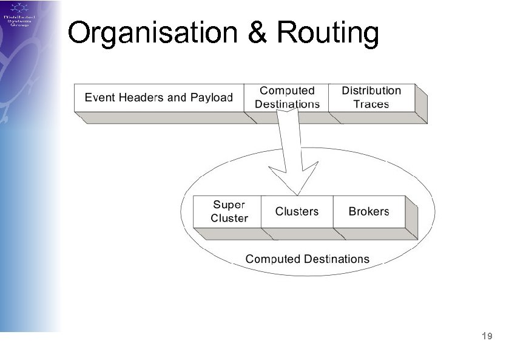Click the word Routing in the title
pos(327,33)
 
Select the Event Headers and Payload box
pos(158,98)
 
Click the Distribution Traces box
pos(371,98)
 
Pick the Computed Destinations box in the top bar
pos(287,98)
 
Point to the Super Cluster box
pos(229,211)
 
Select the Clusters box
pos(297,211)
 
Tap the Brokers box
pos(368,211)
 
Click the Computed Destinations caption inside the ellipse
pos(307,259)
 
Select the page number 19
pos(486,336)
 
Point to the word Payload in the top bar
pos(212,98)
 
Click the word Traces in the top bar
pos(371,104)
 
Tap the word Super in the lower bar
pos(229,205)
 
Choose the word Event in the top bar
pos(99,98)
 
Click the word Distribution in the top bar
pos(371,91)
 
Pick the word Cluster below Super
pos(229,219)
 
